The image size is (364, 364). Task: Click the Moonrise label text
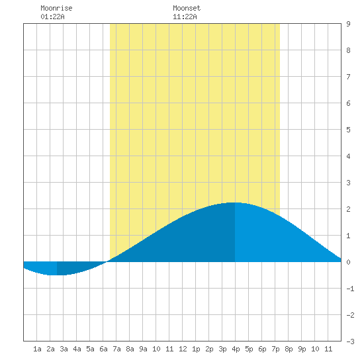56,8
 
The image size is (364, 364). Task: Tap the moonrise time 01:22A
52,17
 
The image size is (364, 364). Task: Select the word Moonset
187,8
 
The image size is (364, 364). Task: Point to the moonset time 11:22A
185,17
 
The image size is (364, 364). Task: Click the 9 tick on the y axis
348,24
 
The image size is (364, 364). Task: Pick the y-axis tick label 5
348,130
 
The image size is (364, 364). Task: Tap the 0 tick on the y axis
348,262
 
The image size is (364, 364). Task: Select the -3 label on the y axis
350,341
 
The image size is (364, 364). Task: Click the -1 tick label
350,289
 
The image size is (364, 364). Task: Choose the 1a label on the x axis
37,349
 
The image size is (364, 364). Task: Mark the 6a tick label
103,349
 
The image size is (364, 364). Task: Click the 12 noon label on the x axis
183,349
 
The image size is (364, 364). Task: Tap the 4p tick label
236,349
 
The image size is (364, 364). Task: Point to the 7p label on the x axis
275,349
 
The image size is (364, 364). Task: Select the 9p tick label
302,349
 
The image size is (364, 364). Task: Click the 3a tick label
64,349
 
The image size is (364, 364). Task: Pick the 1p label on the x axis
196,349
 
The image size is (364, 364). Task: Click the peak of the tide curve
235,203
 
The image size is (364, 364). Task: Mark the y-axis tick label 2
348,209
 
